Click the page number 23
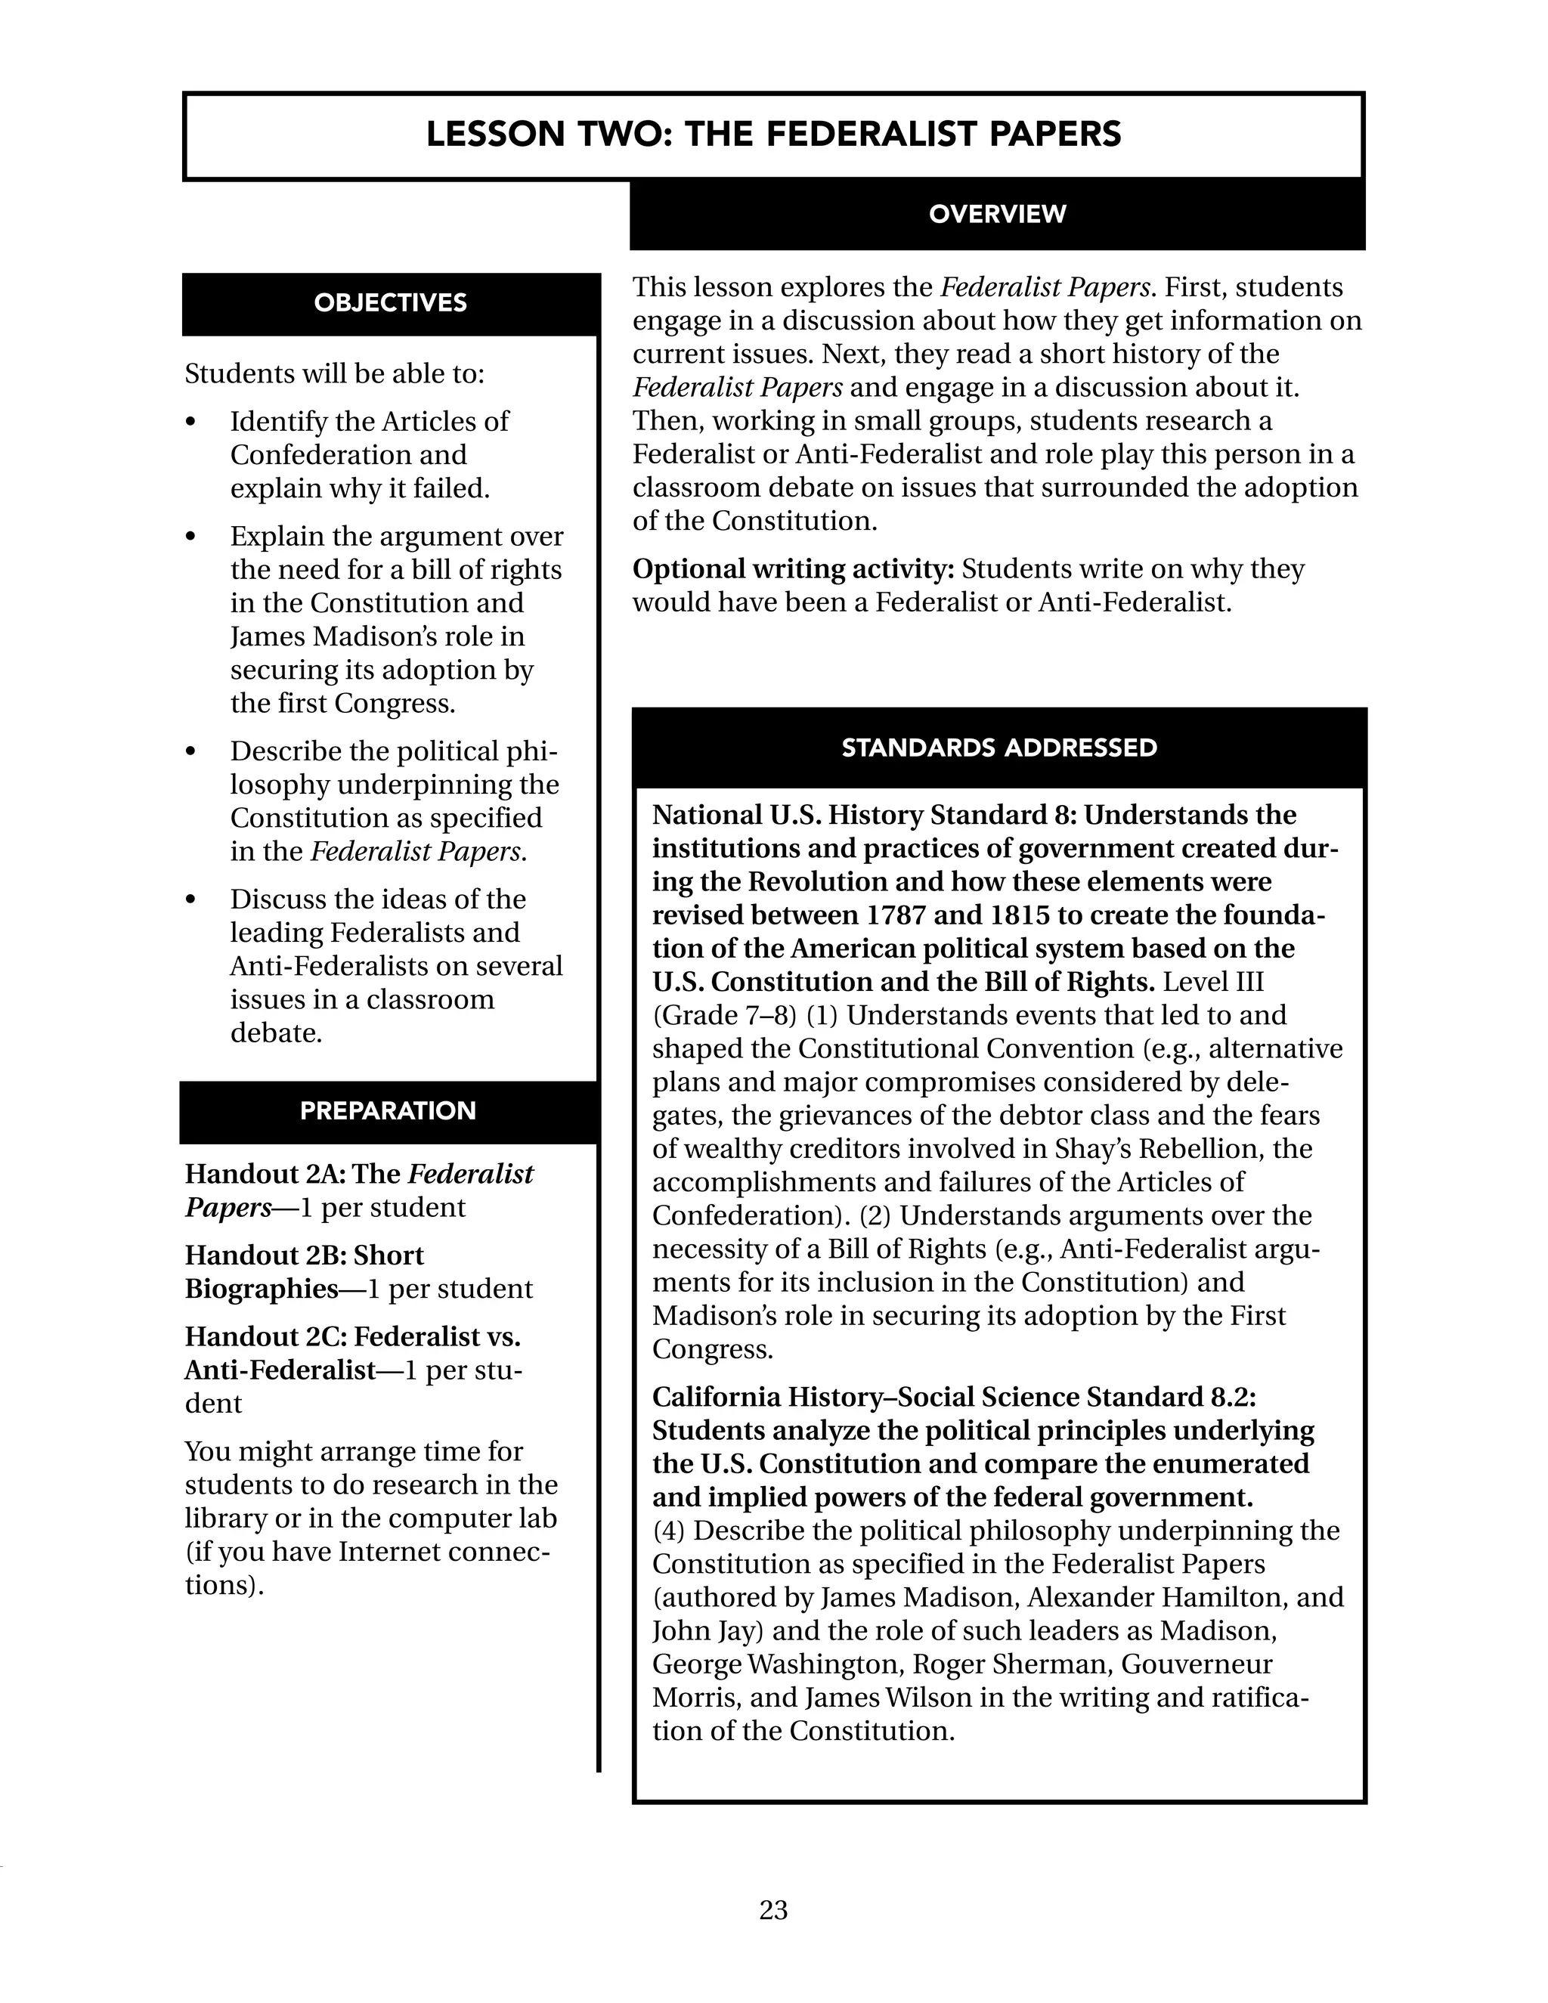point(773,1909)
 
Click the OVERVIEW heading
point(997,214)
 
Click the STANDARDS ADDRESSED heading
point(998,748)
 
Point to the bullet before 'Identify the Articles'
point(190,423)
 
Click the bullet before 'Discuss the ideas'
point(190,901)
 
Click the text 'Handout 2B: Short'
point(305,1255)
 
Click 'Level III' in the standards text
point(1212,983)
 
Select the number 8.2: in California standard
point(1230,1397)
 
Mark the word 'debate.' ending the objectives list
point(276,1032)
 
